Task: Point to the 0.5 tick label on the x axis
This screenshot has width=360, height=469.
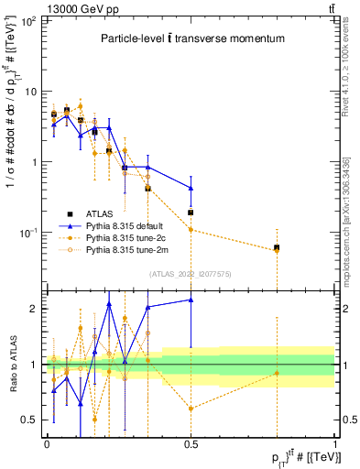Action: pyautogui.click(x=191, y=443)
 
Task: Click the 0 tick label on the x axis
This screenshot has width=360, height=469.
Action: pyautogui.click(x=47, y=443)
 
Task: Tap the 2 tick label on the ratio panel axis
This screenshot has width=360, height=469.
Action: pyautogui.click(x=36, y=309)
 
